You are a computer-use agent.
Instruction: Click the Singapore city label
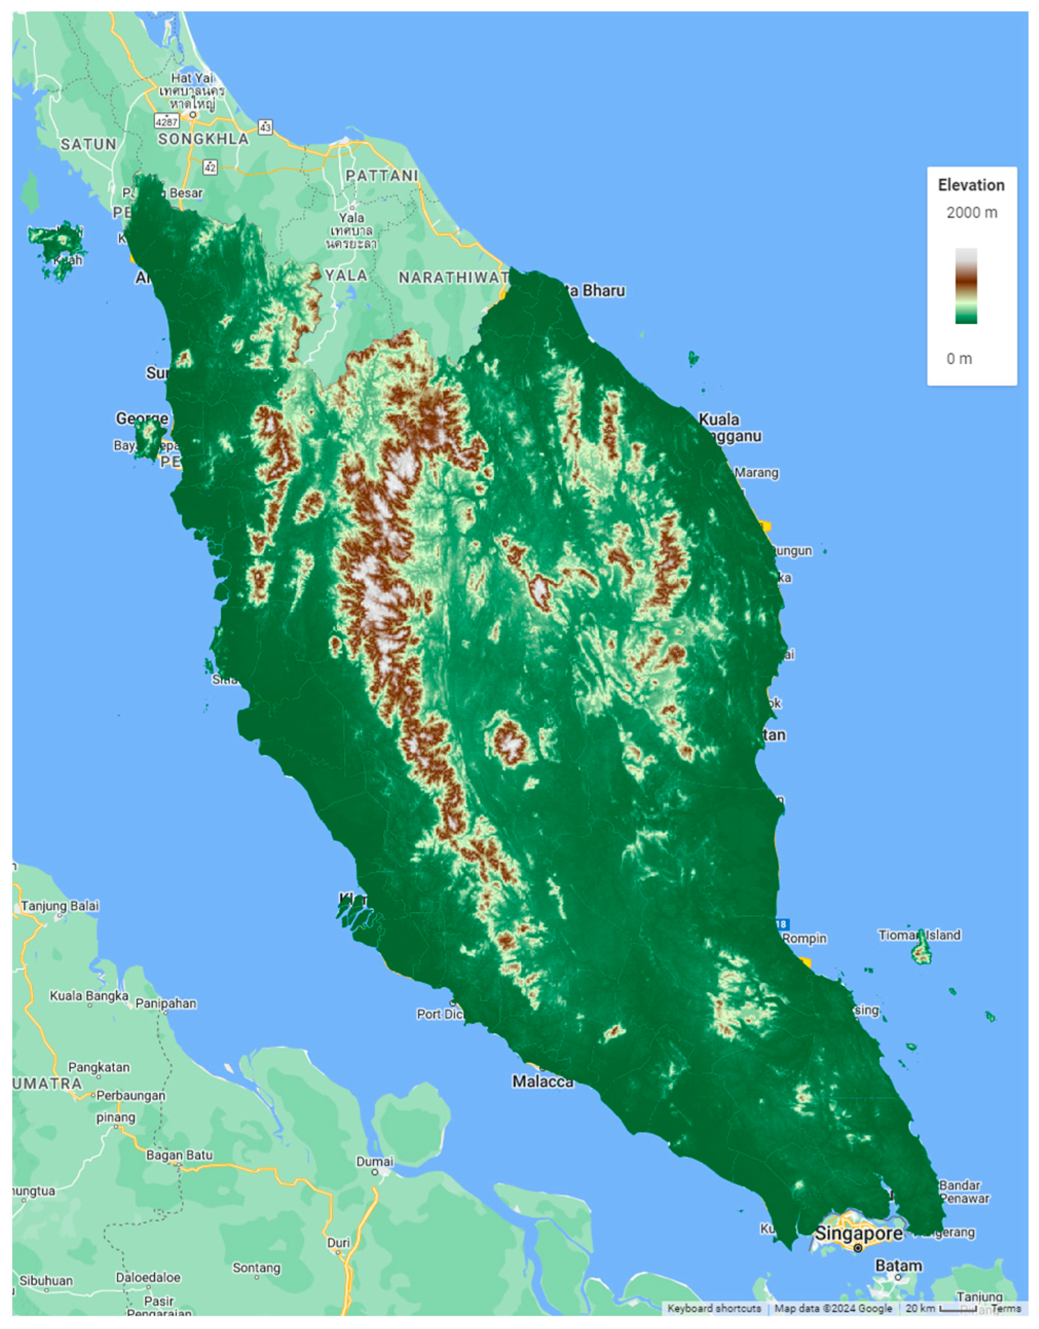(x=858, y=1233)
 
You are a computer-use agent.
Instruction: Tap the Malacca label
(x=542, y=1081)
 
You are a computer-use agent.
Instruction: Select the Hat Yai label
(x=192, y=78)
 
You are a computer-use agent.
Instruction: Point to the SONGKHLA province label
(x=203, y=139)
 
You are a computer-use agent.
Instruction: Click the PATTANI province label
(x=382, y=176)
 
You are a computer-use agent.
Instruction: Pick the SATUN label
(x=88, y=144)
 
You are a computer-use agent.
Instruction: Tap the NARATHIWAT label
(x=453, y=277)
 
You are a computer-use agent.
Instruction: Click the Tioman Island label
(x=919, y=935)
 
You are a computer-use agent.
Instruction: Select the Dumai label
(x=375, y=1162)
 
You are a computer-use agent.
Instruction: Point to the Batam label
(x=898, y=1266)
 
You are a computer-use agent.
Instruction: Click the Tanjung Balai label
(x=60, y=905)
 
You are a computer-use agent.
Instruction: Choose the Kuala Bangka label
(x=89, y=996)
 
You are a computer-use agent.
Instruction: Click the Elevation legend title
(x=971, y=185)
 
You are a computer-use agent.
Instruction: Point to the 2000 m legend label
(x=971, y=213)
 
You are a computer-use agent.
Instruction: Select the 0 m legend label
(x=959, y=358)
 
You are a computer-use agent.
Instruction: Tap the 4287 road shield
(x=166, y=122)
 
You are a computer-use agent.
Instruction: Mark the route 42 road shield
(x=210, y=167)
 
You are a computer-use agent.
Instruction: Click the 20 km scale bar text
(x=920, y=1308)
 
